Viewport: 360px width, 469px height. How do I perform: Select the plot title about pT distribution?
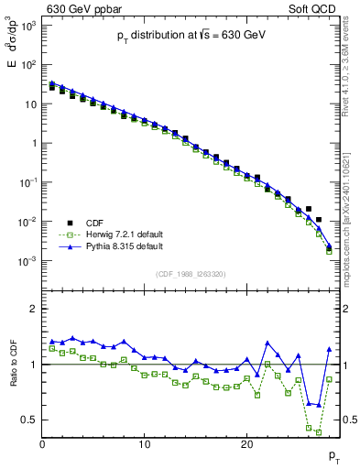coord(191,34)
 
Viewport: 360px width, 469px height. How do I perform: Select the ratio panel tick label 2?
coord(32,309)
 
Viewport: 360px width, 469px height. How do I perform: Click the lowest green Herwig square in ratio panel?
coord(319,431)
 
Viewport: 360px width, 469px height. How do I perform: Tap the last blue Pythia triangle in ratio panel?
coord(329,349)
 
